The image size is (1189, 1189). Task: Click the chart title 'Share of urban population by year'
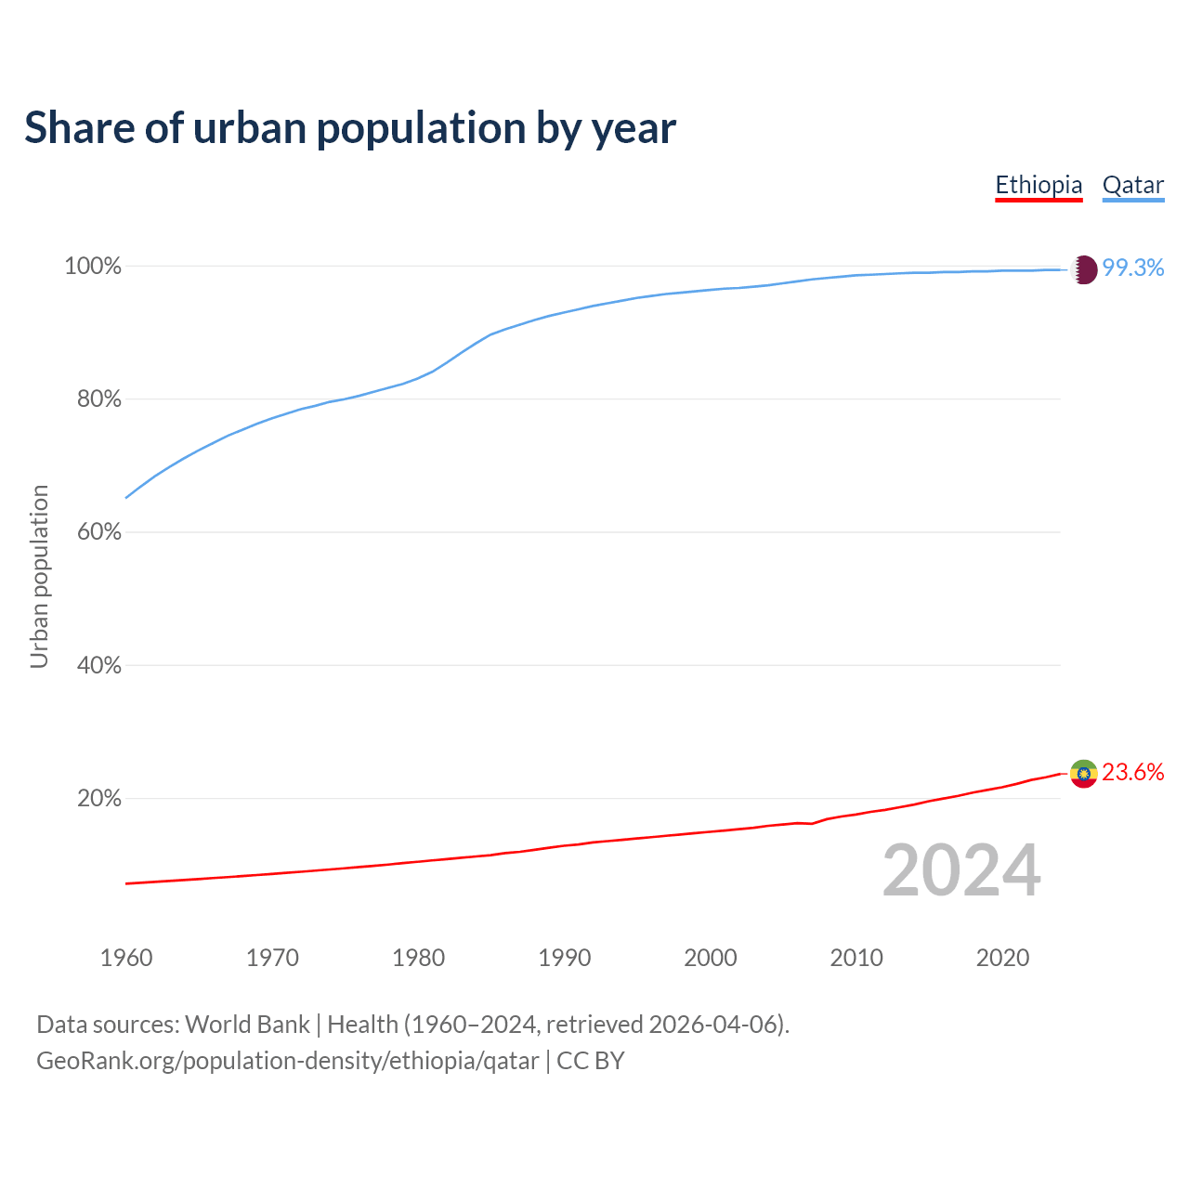click(350, 128)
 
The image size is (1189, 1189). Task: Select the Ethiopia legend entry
click(1039, 185)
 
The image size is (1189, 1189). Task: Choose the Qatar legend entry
click(1132, 185)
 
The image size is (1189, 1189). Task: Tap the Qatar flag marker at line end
click(1084, 269)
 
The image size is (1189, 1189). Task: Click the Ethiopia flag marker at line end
click(1084, 773)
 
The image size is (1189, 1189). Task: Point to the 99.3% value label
click(1133, 268)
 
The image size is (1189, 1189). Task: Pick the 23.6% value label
click(1133, 772)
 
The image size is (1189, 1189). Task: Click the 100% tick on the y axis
click(93, 267)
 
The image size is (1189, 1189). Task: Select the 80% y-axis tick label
click(98, 399)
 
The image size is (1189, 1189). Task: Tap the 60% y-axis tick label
click(98, 532)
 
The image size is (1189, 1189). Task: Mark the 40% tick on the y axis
click(98, 665)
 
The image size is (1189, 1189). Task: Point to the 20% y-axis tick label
click(98, 798)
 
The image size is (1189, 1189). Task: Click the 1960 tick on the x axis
click(126, 958)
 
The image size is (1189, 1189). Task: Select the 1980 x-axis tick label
click(419, 958)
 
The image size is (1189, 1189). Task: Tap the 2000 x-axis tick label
click(711, 958)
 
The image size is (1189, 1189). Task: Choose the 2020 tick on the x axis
click(1002, 958)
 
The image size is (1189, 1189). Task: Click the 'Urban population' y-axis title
click(39, 576)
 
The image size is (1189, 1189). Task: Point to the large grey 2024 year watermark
click(961, 871)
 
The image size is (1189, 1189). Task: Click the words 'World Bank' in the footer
click(247, 1025)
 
